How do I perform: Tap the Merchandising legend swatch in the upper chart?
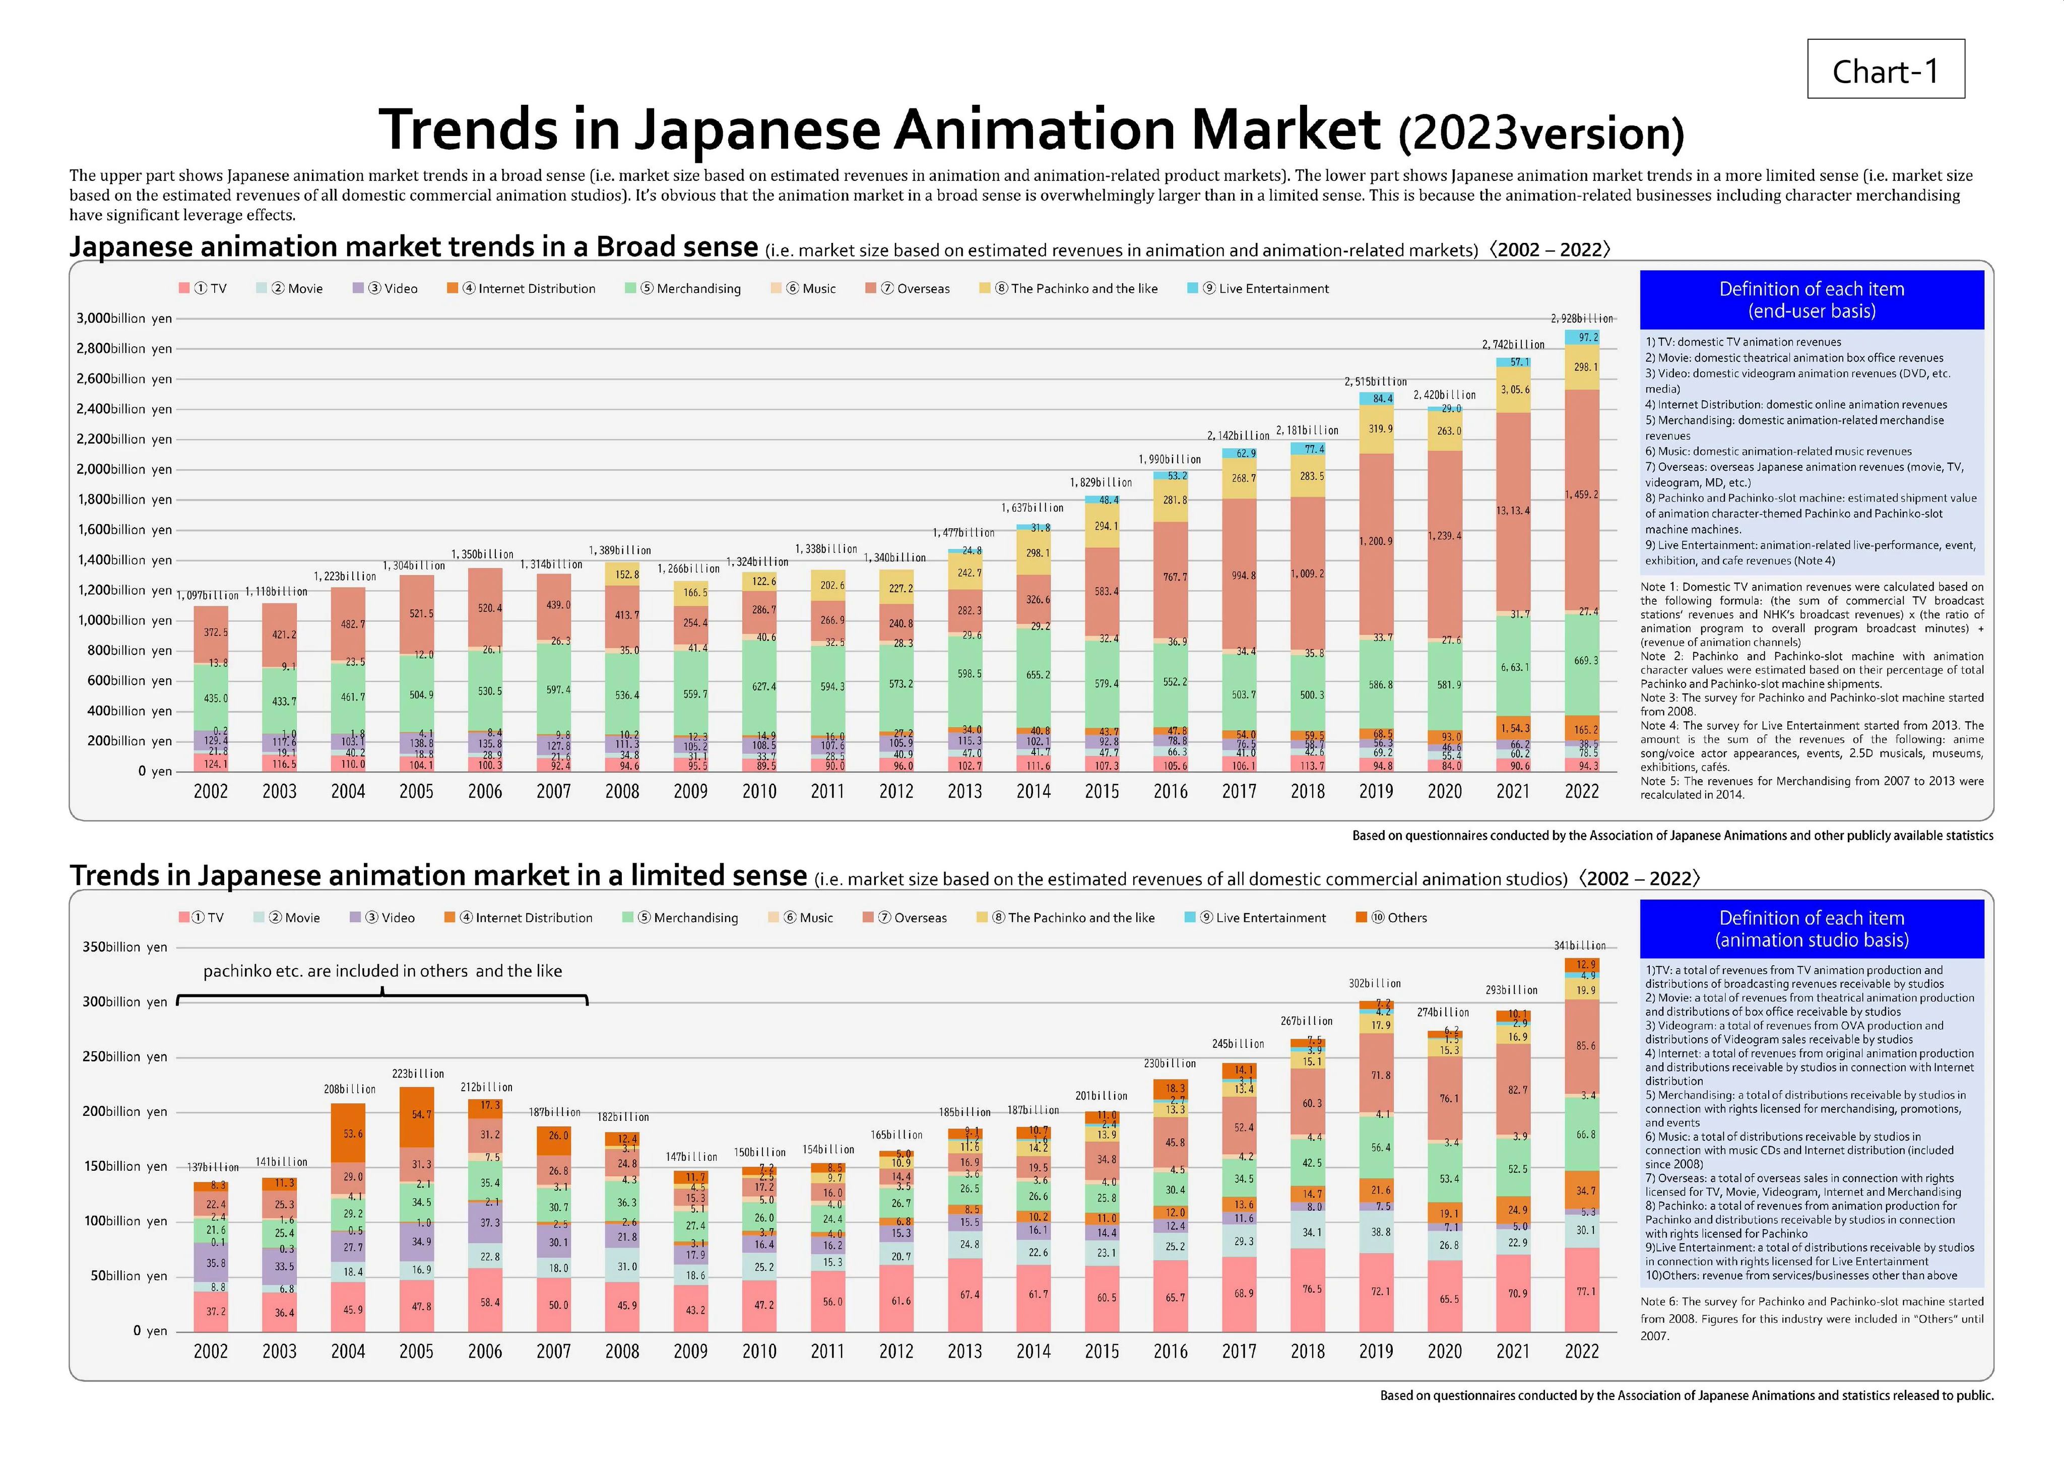(631, 289)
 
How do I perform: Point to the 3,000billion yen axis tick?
(124, 318)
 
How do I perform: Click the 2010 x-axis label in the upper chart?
(759, 791)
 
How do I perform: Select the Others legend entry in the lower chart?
(1392, 918)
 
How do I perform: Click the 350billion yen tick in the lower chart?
(124, 946)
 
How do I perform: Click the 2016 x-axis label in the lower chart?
(1171, 1351)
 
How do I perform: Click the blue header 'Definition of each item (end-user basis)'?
(1812, 299)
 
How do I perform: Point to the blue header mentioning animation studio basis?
(1812, 929)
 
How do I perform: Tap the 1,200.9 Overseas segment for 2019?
(1375, 541)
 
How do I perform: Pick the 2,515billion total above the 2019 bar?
(1375, 382)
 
